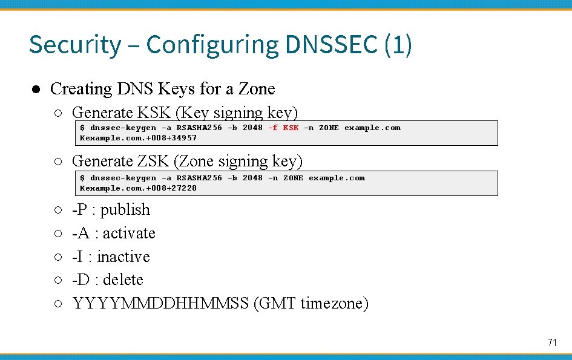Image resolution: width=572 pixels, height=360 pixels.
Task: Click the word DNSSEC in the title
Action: click(331, 45)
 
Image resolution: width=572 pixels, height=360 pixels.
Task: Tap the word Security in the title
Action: click(75, 45)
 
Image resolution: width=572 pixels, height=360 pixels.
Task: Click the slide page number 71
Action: click(551, 342)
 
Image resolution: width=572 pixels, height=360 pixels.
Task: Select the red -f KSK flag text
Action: click(283, 128)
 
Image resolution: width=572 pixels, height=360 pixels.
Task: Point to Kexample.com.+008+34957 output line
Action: click(138, 138)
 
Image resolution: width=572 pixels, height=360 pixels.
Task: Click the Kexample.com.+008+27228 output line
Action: click(138, 188)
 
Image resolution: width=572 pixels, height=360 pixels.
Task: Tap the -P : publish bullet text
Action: click(111, 209)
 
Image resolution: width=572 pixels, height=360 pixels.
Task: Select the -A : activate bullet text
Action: click(114, 233)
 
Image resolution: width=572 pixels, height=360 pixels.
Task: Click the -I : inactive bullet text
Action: click(111, 257)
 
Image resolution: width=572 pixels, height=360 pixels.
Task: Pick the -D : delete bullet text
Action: click(108, 280)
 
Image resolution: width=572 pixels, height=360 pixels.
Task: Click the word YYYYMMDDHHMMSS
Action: click(160, 303)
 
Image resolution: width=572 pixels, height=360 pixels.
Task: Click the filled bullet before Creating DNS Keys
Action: click(36, 90)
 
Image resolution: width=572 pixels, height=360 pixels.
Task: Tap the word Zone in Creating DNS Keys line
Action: click(257, 89)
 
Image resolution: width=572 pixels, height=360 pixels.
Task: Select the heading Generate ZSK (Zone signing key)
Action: click(187, 161)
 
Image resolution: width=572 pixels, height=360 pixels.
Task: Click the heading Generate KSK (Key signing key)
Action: click(185, 113)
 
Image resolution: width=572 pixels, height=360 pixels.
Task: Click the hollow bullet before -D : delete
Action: click(56, 280)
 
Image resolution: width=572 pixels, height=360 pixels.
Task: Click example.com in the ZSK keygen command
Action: click(337, 178)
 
